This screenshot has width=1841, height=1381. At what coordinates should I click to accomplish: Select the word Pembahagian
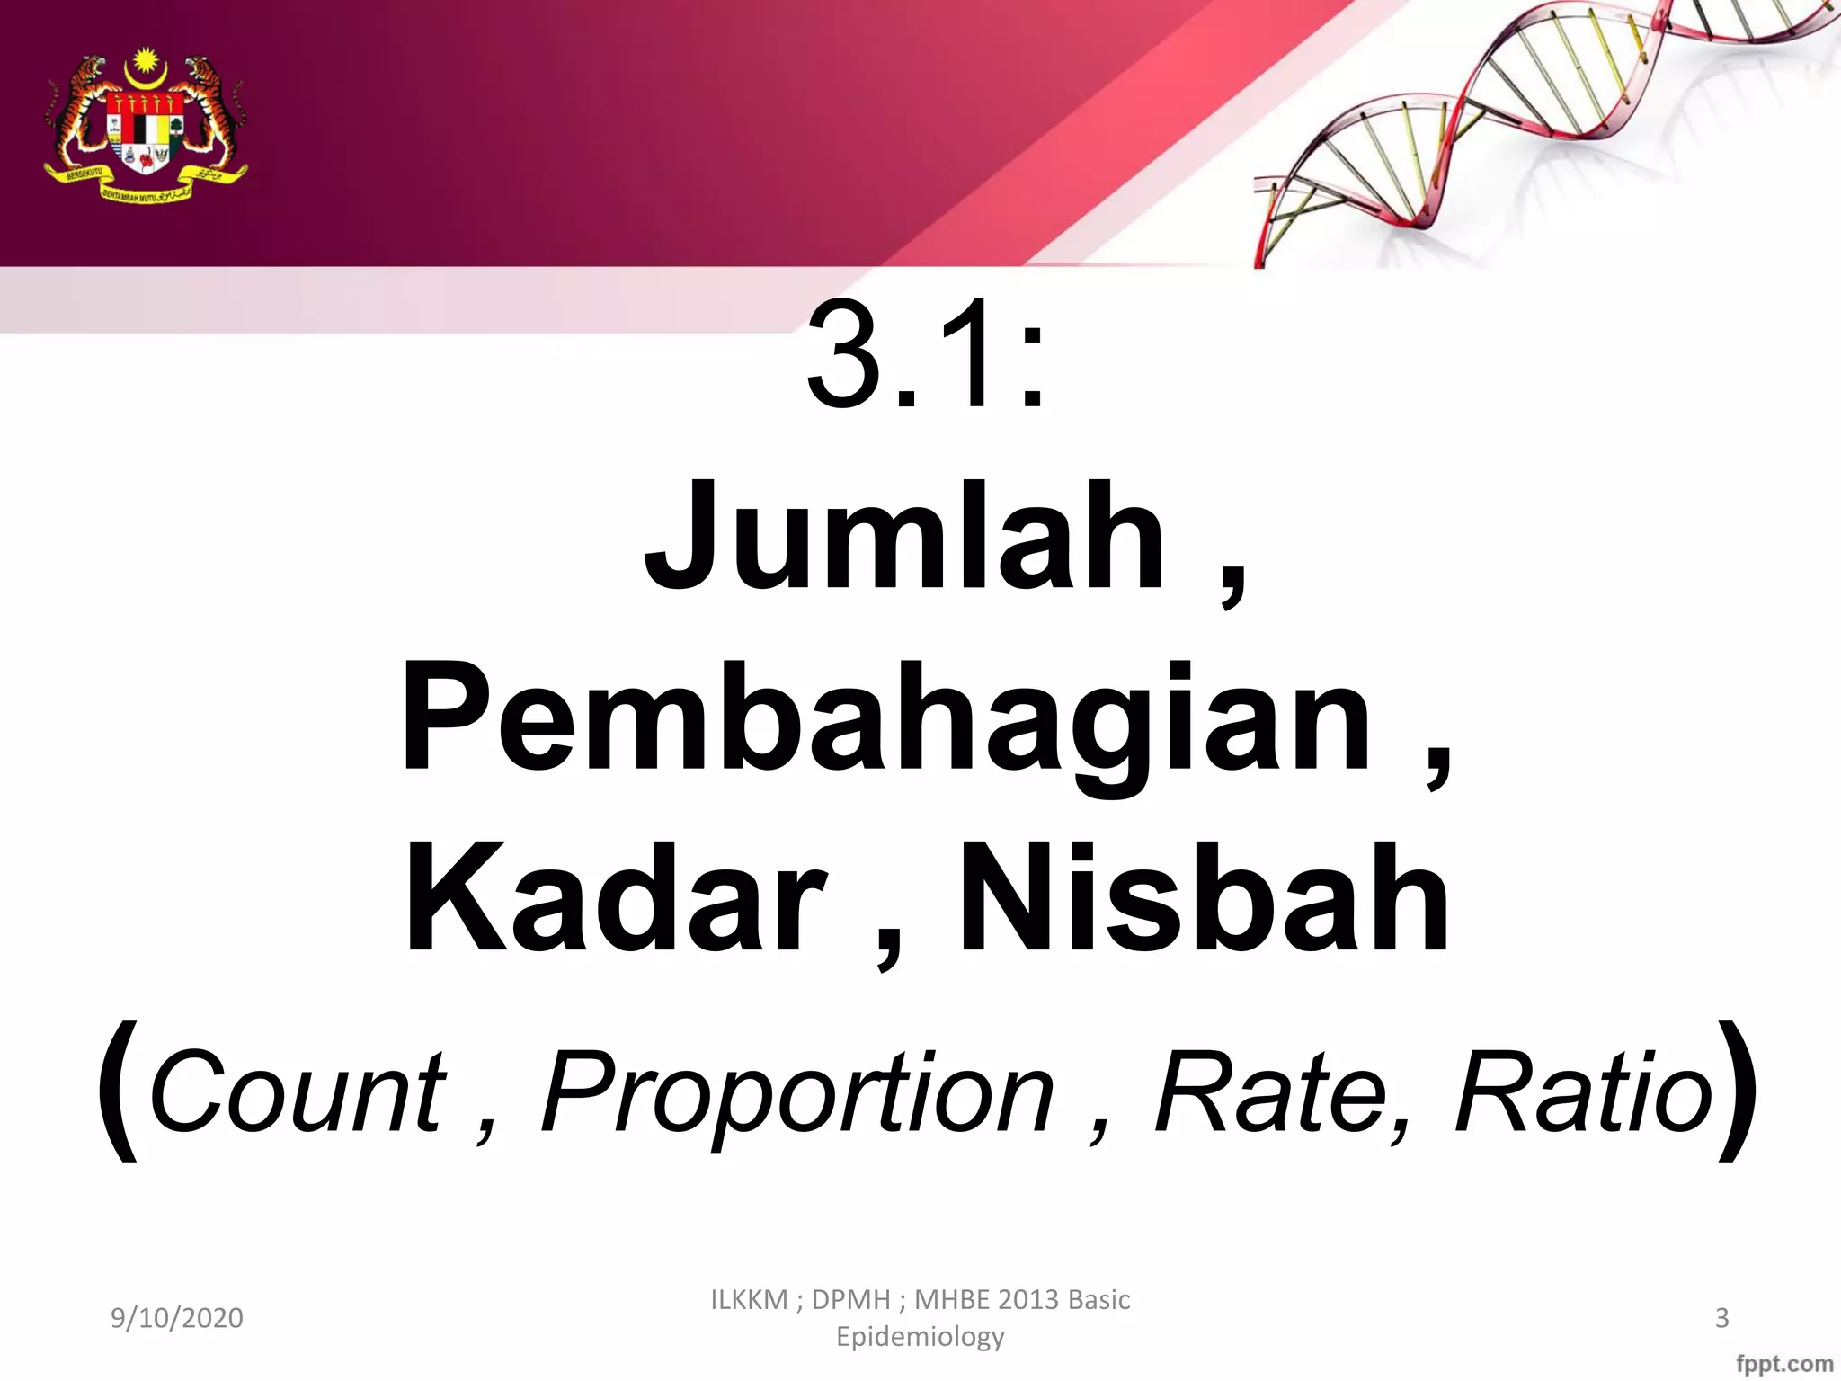coord(885,719)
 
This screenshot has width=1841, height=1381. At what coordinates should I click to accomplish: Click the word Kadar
coord(615,898)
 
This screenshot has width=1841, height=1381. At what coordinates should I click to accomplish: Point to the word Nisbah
coord(1204,898)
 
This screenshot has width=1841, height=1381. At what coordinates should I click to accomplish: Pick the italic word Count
coord(298,1093)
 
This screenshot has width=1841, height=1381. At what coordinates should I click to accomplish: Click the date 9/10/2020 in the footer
coord(177,1318)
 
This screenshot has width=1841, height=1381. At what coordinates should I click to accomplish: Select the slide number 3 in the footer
coord(1722,1318)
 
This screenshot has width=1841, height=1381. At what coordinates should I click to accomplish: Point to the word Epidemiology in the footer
coord(920,1337)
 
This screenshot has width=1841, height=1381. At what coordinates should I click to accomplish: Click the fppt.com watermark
coord(1784,1364)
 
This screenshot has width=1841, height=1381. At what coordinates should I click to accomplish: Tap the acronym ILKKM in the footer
coord(749,1300)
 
